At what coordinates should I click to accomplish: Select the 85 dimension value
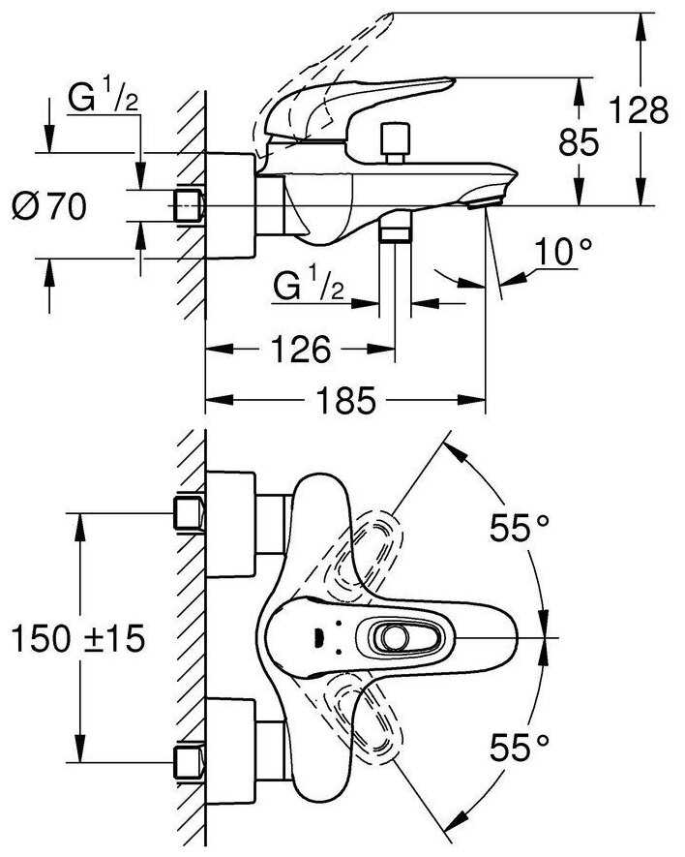click(x=579, y=142)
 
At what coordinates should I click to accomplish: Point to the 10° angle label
click(x=565, y=254)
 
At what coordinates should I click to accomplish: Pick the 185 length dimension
click(x=344, y=400)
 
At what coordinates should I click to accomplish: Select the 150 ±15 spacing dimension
click(x=76, y=637)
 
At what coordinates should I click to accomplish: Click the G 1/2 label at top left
click(x=102, y=98)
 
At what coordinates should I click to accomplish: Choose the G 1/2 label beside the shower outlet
click(x=307, y=285)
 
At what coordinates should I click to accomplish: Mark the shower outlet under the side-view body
click(x=394, y=230)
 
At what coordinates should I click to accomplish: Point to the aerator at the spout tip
click(x=481, y=201)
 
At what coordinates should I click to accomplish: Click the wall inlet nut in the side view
click(x=188, y=205)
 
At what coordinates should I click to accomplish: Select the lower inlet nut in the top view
click(x=188, y=760)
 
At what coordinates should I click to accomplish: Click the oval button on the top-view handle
click(x=393, y=637)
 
